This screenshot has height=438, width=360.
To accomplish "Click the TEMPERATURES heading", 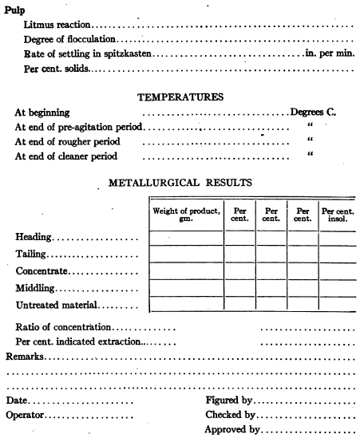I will coord(180,97).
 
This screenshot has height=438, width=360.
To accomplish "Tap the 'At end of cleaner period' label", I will coord(70,156).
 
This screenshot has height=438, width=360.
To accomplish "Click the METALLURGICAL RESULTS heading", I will coord(180,183).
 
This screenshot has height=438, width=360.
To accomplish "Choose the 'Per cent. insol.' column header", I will coord(338,214).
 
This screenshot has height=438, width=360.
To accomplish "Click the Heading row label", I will coord(34,238).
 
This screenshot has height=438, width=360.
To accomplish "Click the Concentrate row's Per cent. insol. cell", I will coord(338,271).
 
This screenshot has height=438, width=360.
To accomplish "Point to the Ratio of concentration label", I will coord(64,328).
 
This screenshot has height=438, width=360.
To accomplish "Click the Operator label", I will coord(26,415).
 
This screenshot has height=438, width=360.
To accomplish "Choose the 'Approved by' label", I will coord(233,430).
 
